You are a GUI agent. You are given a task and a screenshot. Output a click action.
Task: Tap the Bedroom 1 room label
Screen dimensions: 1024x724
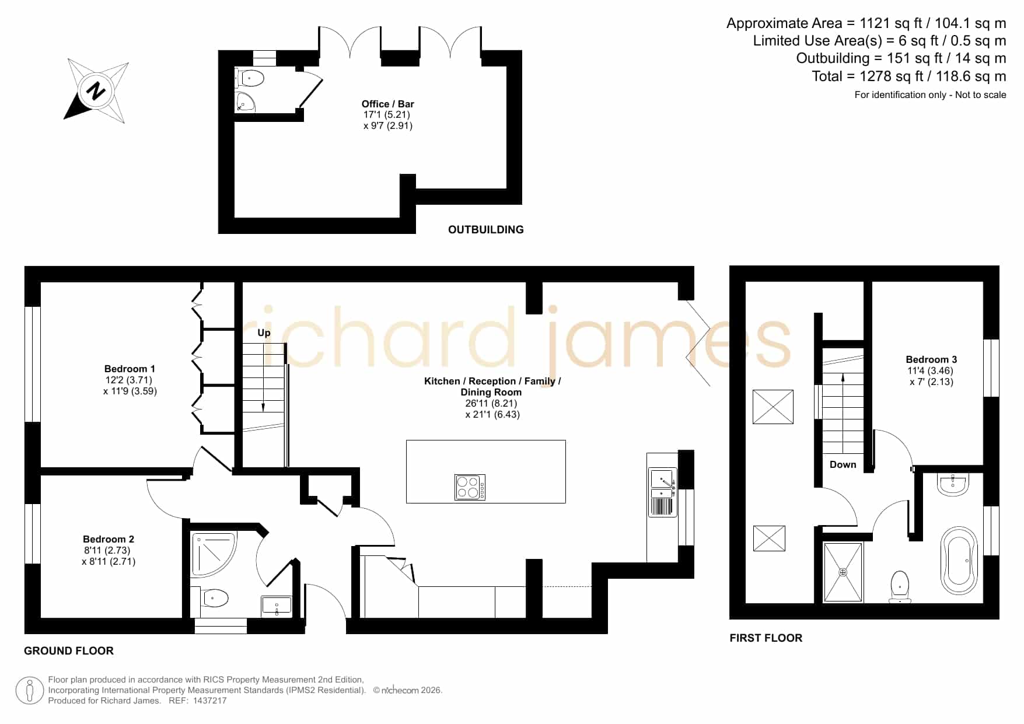tap(130, 369)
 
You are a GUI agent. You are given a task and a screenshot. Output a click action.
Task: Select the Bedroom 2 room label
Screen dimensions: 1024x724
tap(109, 539)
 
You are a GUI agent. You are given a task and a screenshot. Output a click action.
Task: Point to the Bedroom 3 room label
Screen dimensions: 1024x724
tap(931, 359)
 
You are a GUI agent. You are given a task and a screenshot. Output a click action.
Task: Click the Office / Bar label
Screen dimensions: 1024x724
tap(388, 104)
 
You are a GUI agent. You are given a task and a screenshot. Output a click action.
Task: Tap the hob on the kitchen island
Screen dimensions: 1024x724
tap(470, 487)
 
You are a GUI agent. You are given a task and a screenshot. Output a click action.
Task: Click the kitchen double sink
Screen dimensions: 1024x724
tap(662, 492)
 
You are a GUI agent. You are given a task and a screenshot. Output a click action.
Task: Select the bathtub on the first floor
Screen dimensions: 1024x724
tap(959, 561)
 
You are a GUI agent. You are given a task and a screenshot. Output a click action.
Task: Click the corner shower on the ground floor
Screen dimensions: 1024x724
tap(214, 555)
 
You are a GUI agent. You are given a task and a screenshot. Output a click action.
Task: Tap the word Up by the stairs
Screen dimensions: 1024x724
tap(264, 333)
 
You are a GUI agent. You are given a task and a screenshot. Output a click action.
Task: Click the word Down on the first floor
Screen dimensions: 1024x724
tap(843, 464)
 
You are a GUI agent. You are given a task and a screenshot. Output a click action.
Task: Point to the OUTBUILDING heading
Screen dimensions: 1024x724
tap(486, 230)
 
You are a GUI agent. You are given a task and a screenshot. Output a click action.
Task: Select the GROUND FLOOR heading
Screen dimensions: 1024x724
tap(69, 651)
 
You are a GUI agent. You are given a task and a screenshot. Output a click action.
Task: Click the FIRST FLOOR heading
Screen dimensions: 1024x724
tap(766, 638)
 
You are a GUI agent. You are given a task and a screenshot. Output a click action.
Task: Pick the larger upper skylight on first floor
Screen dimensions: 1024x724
tap(773, 407)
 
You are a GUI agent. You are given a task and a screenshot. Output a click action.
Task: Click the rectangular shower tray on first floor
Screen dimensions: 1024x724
tap(843, 572)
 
